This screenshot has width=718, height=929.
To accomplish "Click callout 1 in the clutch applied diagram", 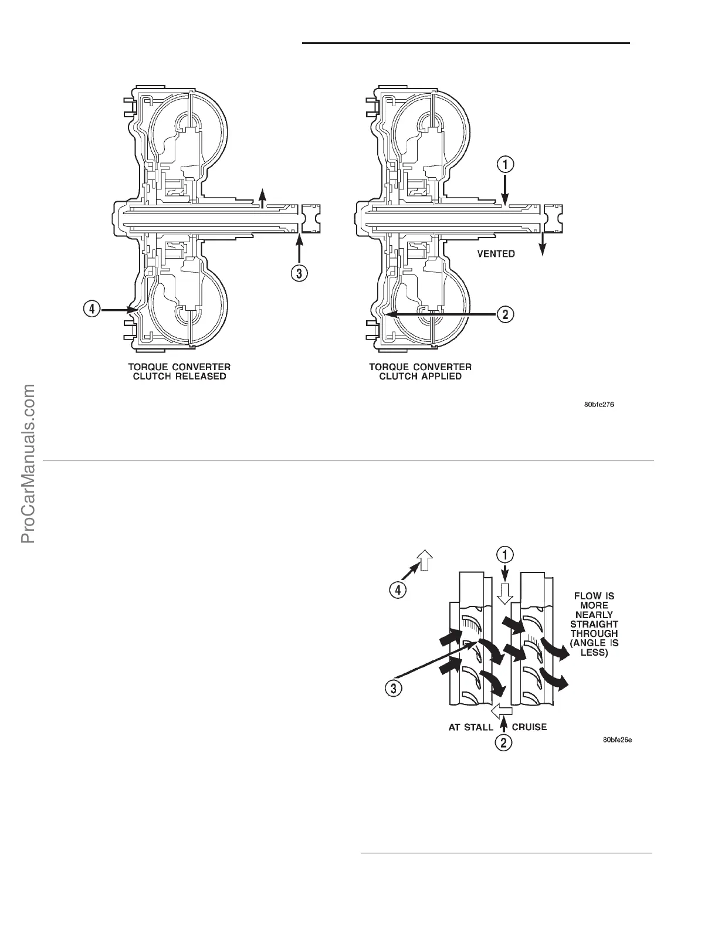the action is (x=506, y=165).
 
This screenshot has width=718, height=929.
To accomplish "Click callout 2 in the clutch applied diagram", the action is (x=506, y=314).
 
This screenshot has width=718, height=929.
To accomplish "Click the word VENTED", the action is (x=495, y=253).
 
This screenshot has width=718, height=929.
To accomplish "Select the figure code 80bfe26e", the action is (x=617, y=740).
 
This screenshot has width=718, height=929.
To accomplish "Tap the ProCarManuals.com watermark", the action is (x=28, y=463).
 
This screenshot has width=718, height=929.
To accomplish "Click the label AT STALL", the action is (x=470, y=727).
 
